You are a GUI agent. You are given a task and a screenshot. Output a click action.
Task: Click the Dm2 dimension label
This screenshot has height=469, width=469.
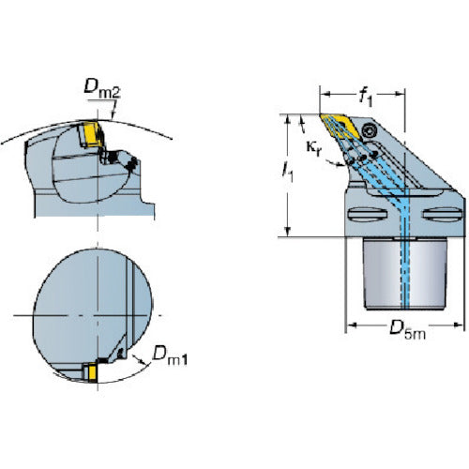[x=102, y=88]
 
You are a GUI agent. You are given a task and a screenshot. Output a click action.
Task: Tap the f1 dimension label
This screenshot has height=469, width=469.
[x=365, y=97]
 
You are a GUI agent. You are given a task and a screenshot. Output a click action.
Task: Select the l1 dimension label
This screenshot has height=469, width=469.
[x=288, y=172]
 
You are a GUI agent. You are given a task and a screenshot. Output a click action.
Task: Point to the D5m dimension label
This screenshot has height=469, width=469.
[x=407, y=330]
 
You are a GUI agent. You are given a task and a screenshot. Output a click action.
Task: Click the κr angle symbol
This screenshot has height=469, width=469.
[x=313, y=147]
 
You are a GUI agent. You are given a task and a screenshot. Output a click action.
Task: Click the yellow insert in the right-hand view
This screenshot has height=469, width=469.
[x=340, y=128]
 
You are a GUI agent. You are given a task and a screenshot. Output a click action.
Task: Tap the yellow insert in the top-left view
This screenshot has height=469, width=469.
[x=91, y=134]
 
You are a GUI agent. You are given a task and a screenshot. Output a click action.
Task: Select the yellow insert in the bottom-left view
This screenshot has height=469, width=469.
[x=93, y=372]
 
